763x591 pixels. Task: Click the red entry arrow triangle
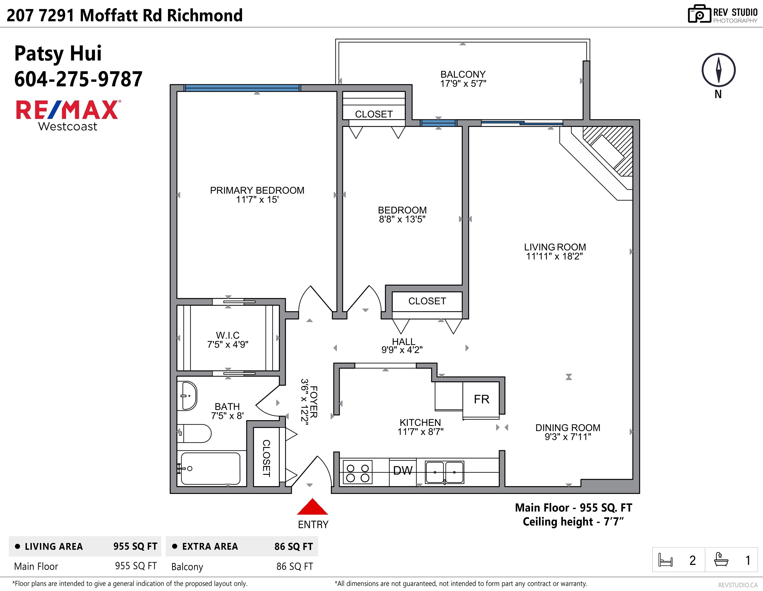(x=312, y=507)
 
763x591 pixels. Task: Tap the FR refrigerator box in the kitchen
(x=481, y=399)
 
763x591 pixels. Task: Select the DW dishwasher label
(x=403, y=470)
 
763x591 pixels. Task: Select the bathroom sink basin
(x=187, y=396)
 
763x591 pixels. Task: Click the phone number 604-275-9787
(x=78, y=79)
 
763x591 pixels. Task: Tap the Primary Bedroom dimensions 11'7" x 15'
(x=257, y=200)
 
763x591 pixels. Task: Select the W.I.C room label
(x=228, y=335)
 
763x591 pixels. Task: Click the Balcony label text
(x=463, y=74)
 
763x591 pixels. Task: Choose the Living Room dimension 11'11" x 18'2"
(x=555, y=256)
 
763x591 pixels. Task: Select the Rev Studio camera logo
(x=699, y=14)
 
